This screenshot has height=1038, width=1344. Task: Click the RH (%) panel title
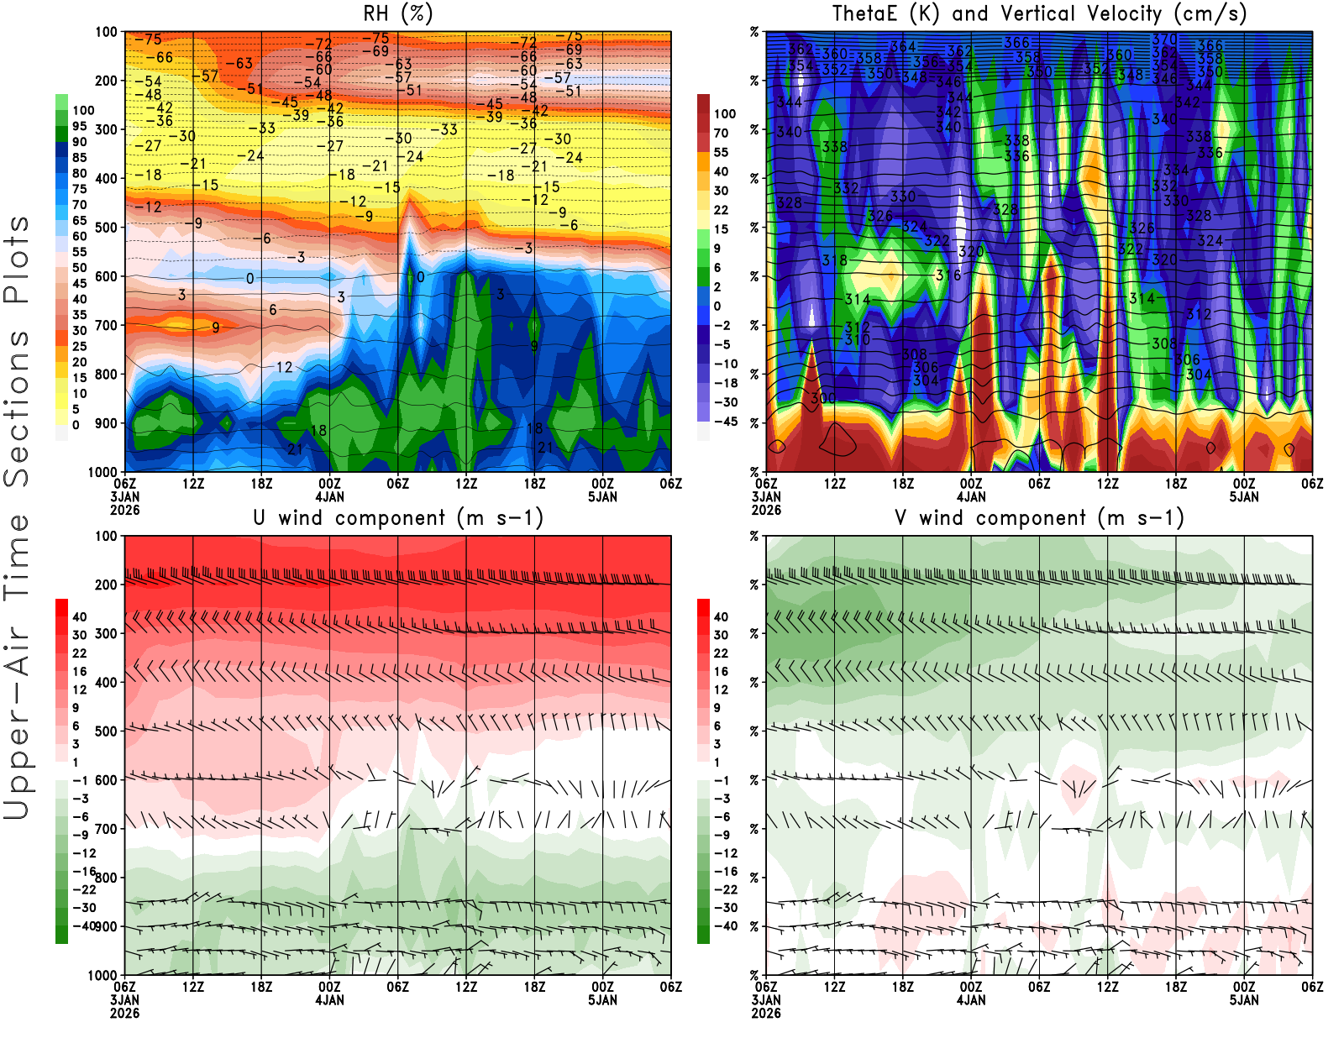tap(397, 14)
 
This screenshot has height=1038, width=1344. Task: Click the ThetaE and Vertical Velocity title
tap(1039, 14)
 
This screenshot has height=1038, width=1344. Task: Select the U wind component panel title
tap(397, 518)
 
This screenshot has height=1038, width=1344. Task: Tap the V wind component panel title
tap(1039, 518)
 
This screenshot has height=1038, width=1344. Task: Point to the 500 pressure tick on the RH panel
tap(107, 228)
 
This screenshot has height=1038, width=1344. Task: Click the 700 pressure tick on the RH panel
tap(107, 325)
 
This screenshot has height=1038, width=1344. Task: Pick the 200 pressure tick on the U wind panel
tap(107, 585)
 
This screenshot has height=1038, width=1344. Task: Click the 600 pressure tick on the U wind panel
tap(107, 780)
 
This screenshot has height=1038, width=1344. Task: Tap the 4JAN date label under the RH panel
tap(329, 496)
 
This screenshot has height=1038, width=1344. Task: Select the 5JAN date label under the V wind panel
tap(1244, 1000)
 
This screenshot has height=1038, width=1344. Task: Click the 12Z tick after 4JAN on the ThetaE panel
tap(1107, 484)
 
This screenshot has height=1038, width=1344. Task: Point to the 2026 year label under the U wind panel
tap(124, 1013)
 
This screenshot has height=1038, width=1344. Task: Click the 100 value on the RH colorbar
tap(83, 110)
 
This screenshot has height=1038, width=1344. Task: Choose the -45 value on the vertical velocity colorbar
tap(725, 422)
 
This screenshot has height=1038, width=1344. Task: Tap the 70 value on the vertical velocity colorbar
tap(721, 133)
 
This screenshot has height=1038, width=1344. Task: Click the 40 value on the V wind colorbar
tap(721, 616)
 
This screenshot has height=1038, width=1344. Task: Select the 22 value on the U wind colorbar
tap(80, 653)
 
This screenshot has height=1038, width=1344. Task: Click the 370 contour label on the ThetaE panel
tap(1164, 39)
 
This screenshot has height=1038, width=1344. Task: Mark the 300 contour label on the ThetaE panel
tap(823, 397)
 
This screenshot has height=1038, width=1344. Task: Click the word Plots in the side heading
tap(17, 259)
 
